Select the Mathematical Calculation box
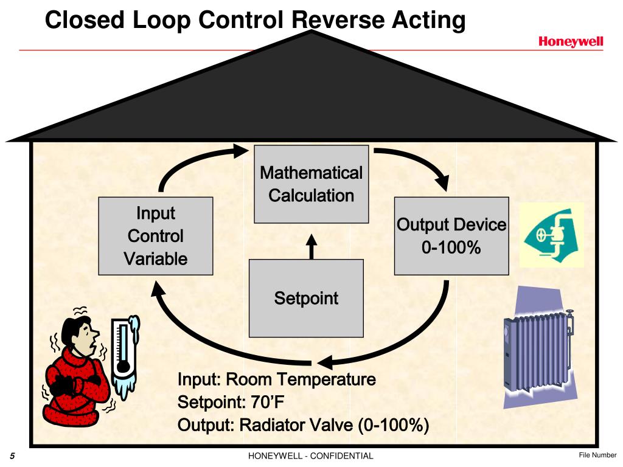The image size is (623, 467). [x=311, y=184]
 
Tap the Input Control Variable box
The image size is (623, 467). [x=156, y=236]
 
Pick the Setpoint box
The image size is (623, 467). [x=306, y=299]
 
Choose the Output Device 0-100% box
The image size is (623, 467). [x=451, y=236]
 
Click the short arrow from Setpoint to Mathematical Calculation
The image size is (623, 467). [x=311, y=246]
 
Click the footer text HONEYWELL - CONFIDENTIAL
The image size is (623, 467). [x=311, y=456]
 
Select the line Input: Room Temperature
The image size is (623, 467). [x=276, y=381]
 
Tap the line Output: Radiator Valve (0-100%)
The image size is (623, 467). [x=303, y=424]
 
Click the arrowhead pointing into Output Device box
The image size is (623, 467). [x=443, y=182]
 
